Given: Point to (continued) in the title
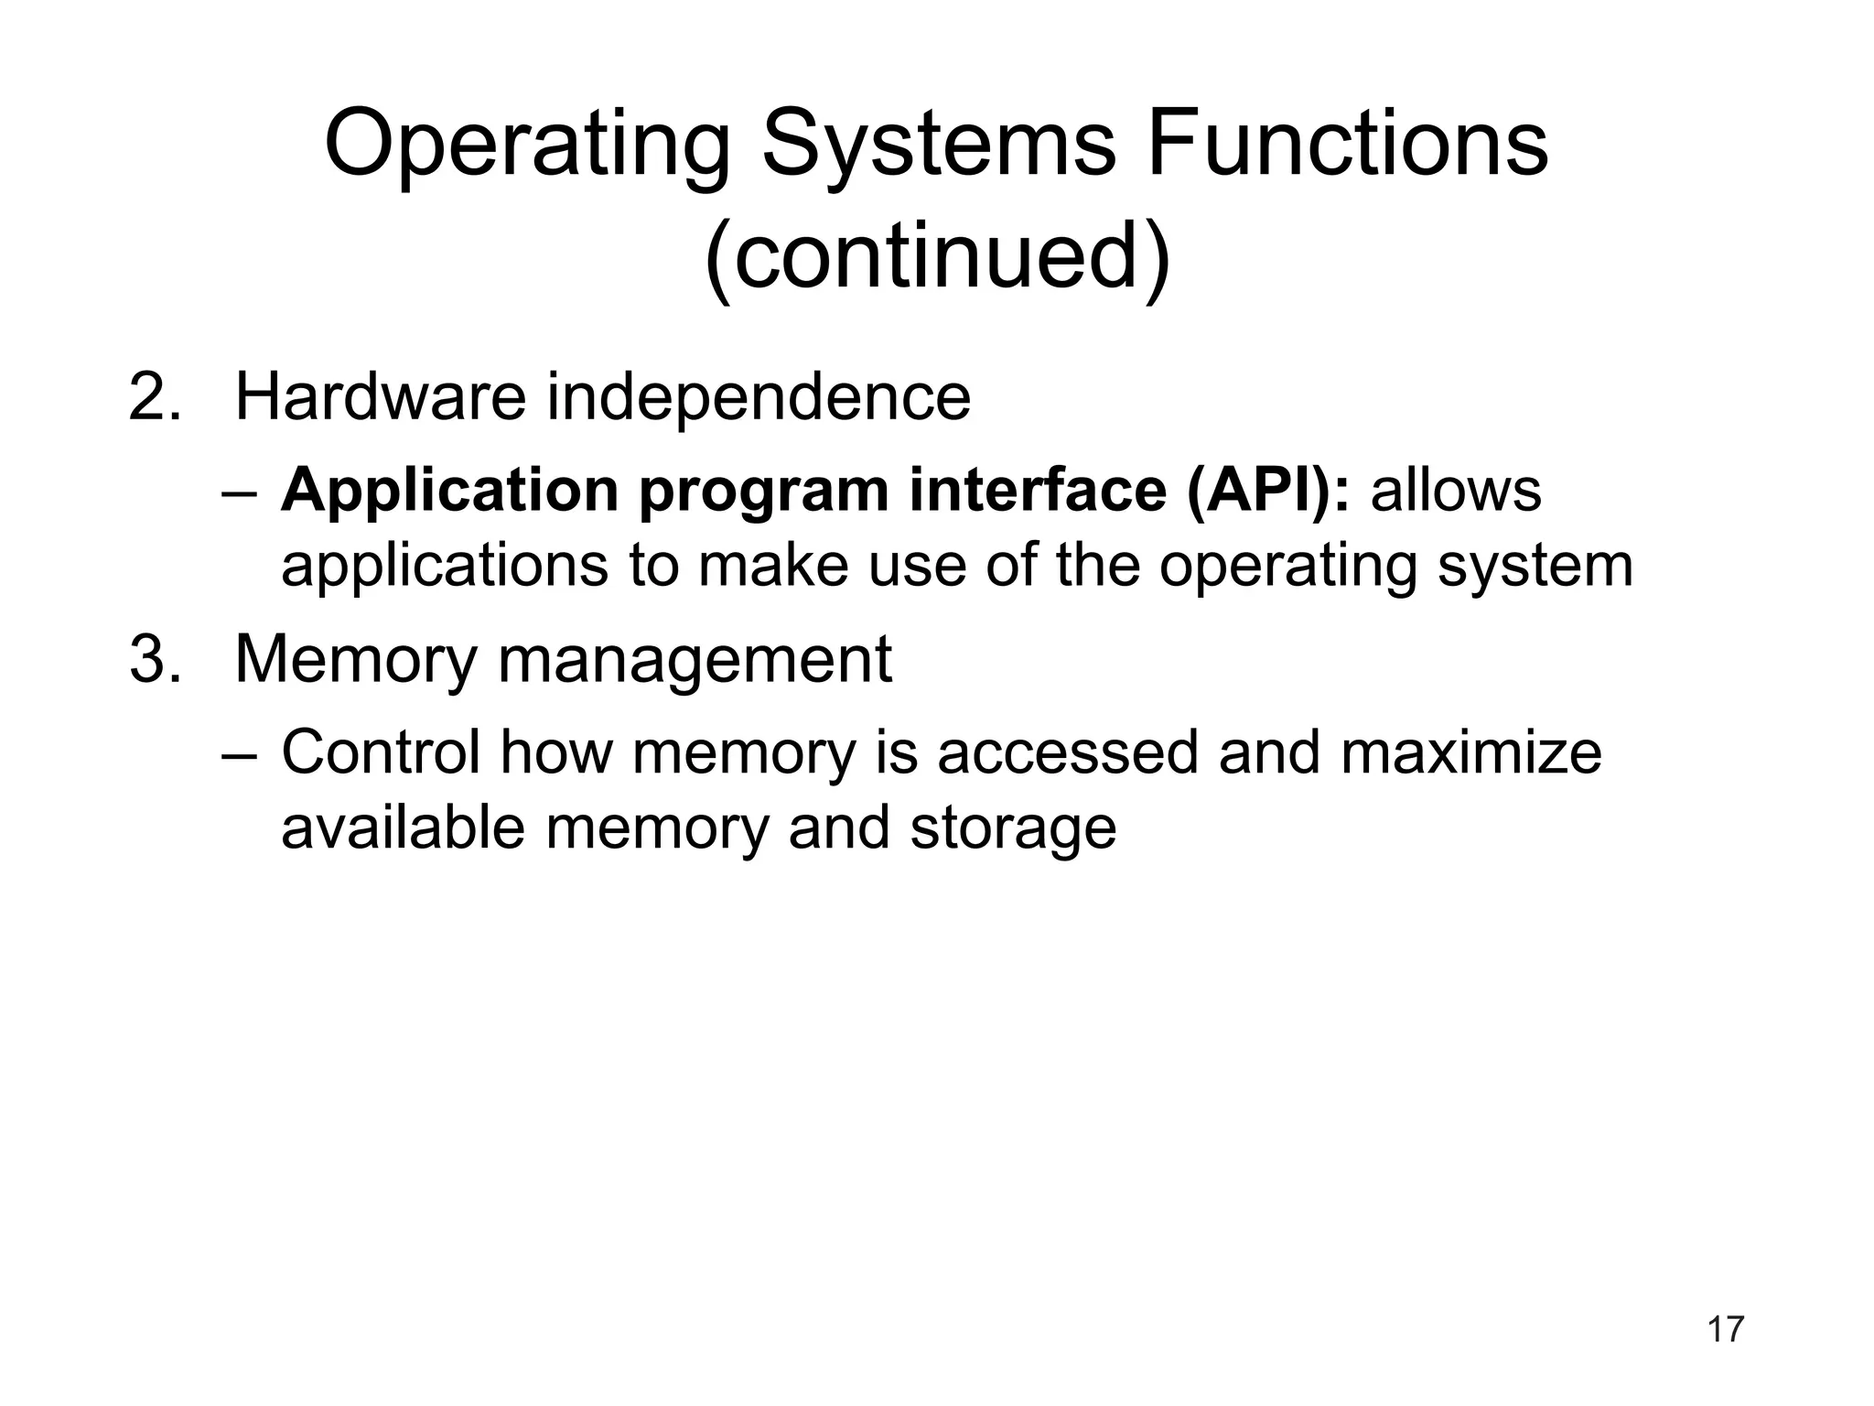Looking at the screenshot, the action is (937, 254).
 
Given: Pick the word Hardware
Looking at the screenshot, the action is (381, 397).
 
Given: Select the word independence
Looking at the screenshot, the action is (759, 399).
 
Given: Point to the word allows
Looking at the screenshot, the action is (1456, 490).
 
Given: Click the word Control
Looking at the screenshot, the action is (381, 752).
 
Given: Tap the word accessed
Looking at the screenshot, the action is (1067, 752).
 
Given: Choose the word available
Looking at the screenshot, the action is (403, 827).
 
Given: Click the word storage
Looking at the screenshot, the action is (1013, 829).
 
